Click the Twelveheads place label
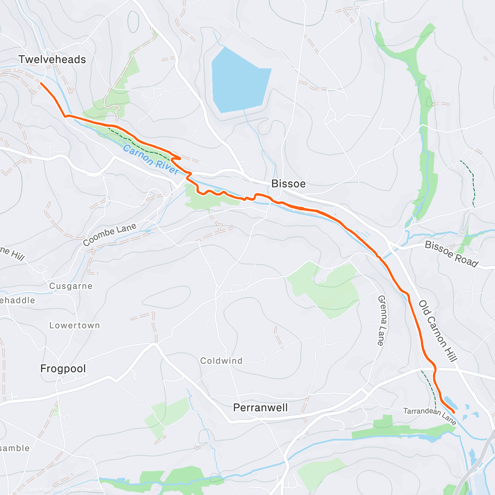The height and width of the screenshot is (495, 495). (52, 59)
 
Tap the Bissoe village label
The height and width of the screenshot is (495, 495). (288, 184)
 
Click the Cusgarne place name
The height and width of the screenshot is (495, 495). (71, 286)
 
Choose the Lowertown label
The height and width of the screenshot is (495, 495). (75, 325)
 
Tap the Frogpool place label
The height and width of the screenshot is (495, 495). (63, 368)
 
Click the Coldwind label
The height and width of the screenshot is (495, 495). (221, 361)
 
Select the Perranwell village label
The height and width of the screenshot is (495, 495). (260, 408)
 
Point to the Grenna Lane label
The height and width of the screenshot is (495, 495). (382, 320)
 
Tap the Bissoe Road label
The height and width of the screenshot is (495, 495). (451, 254)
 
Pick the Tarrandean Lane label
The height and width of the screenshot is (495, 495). (429, 416)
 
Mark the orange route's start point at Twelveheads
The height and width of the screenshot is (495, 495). (41, 83)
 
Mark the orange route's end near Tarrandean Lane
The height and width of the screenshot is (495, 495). (454, 412)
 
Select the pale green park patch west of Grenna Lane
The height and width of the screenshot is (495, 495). (326, 289)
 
